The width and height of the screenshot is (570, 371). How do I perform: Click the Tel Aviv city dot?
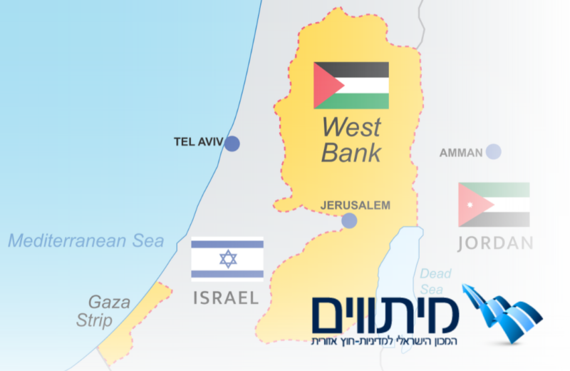232,143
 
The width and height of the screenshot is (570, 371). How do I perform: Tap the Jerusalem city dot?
348,220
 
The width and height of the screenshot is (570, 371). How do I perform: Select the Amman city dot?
493,151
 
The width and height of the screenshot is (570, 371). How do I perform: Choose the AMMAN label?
461,152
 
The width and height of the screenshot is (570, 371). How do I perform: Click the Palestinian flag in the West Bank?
351,86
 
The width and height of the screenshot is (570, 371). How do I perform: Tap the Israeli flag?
227,258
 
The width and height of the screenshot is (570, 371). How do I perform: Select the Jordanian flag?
494,205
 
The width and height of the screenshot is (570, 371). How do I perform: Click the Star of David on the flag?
227,258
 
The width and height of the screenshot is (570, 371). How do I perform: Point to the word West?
351,128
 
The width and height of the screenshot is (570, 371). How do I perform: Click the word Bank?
351,152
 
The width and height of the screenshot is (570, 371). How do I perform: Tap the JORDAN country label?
495,243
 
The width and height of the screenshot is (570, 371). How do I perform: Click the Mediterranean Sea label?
86,241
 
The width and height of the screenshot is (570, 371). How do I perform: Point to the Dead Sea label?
432,281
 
